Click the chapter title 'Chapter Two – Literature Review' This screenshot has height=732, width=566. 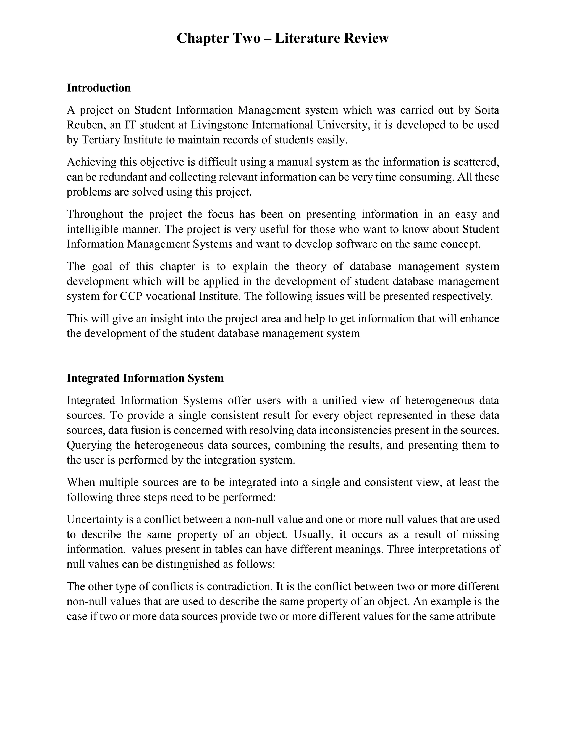tap(282, 38)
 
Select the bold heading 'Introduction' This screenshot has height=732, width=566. tap(99, 88)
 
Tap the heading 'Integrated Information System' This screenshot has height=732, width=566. tap(145, 378)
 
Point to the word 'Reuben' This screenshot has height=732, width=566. tap(86, 125)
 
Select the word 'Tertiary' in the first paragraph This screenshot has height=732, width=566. tap(101, 140)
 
